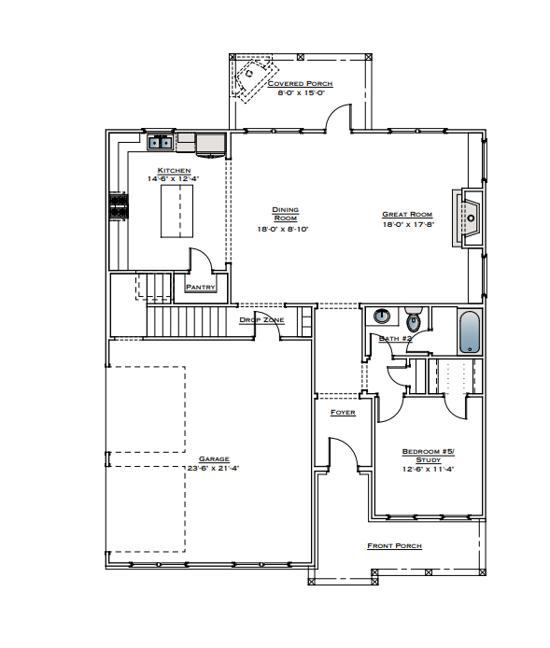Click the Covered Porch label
click(301, 83)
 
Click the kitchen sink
click(161, 143)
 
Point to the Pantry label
click(201, 288)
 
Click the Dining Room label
click(285, 214)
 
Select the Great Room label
click(407, 215)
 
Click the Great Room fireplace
click(469, 219)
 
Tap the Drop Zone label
click(261, 320)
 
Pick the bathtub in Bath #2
click(470, 331)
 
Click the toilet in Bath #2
click(414, 320)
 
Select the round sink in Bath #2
click(383, 316)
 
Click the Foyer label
click(343, 412)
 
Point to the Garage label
click(213, 459)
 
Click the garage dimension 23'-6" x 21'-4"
click(213, 469)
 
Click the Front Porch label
click(394, 546)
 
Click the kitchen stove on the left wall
click(119, 206)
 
